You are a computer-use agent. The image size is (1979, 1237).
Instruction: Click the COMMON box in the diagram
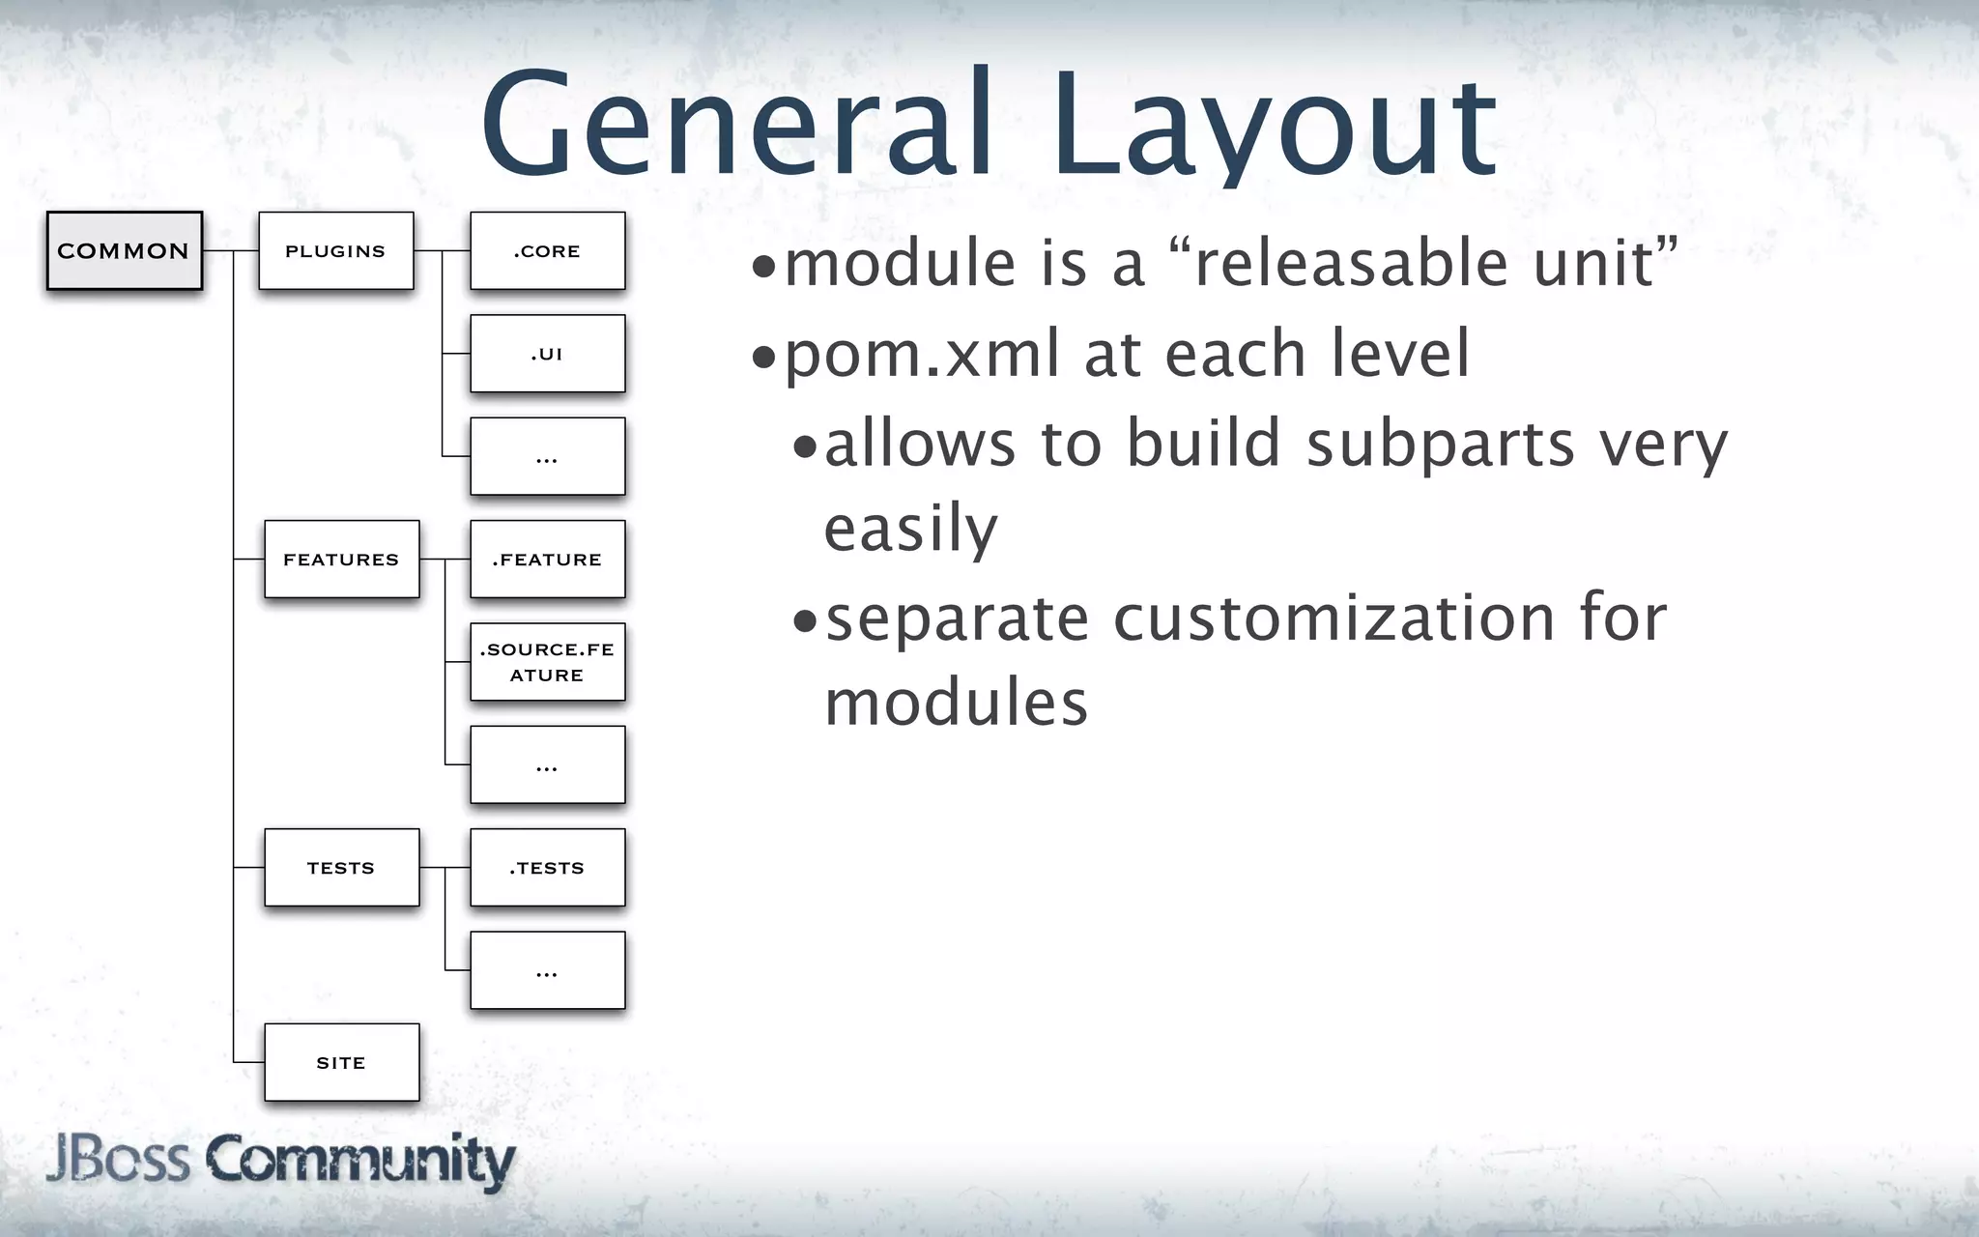pyautogui.click(x=125, y=251)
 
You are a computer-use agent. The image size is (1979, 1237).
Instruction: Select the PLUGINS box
pyautogui.click(x=335, y=251)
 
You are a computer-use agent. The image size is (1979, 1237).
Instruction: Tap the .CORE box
pyautogui.click(x=547, y=251)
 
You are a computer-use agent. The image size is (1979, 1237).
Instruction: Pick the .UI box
pyautogui.click(x=547, y=354)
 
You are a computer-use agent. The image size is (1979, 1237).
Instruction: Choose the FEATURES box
pyautogui.click(x=341, y=560)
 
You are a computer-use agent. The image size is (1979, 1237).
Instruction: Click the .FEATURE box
pyautogui.click(x=547, y=560)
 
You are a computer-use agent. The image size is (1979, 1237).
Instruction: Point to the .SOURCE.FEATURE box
pyautogui.click(x=547, y=662)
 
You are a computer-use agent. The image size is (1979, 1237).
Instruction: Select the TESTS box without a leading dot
pyautogui.click(x=341, y=868)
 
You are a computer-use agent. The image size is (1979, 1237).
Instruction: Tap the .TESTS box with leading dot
pyautogui.click(x=547, y=868)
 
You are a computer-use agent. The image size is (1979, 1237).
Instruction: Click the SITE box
pyautogui.click(x=341, y=1062)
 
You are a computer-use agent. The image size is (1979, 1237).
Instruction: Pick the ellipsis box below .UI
pyautogui.click(x=547, y=456)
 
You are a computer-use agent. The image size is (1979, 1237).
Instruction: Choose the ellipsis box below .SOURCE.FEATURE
pyautogui.click(x=547, y=764)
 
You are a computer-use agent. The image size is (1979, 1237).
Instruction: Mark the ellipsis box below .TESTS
pyautogui.click(x=547, y=970)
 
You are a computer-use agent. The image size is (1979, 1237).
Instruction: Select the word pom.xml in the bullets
pyautogui.click(x=923, y=355)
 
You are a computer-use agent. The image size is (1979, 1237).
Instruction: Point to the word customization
pyautogui.click(x=1334, y=618)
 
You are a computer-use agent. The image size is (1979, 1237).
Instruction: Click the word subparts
pyautogui.click(x=1441, y=445)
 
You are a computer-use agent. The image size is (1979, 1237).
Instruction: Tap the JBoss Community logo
pyautogui.click(x=280, y=1161)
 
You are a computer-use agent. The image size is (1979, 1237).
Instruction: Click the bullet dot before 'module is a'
pyautogui.click(x=764, y=267)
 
